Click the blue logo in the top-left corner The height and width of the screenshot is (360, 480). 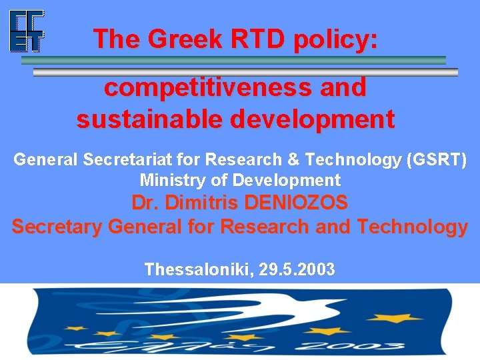(x=27, y=31)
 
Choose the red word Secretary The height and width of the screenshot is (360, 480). (x=57, y=227)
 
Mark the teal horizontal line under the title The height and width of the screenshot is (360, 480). (x=233, y=60)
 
